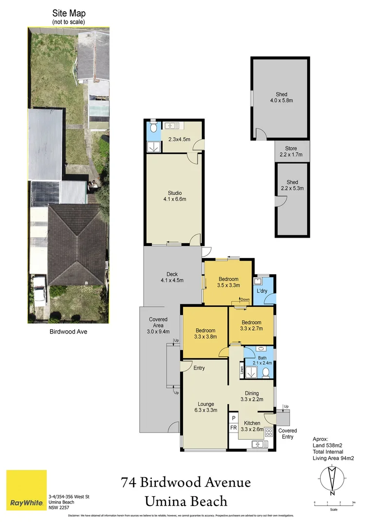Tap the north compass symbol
click(332, 479)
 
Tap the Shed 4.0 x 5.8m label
click(281, 97)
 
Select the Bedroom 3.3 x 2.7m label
click(252, 325)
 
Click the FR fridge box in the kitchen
click(234, 428)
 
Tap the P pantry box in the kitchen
click(234, 418)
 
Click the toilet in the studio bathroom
click(153, 128)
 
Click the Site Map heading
click(69, 14)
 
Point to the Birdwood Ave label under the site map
click(68, 333)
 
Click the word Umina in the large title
click(170, 501)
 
